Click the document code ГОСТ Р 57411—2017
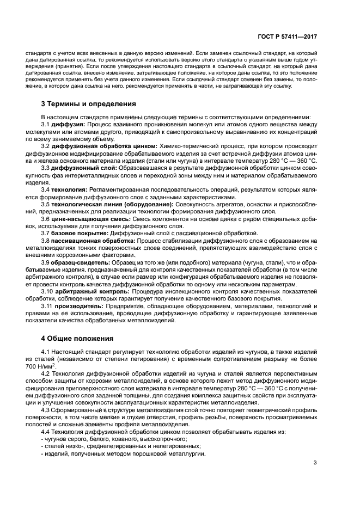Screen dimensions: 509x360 (x=287, y=37)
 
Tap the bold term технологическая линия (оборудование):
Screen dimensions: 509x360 (x=103, y=204)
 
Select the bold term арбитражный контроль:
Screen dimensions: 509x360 (x=88, y=291)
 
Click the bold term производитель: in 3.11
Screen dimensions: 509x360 (x=78, y=306)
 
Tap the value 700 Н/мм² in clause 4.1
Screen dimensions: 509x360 (x=34, y=366)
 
